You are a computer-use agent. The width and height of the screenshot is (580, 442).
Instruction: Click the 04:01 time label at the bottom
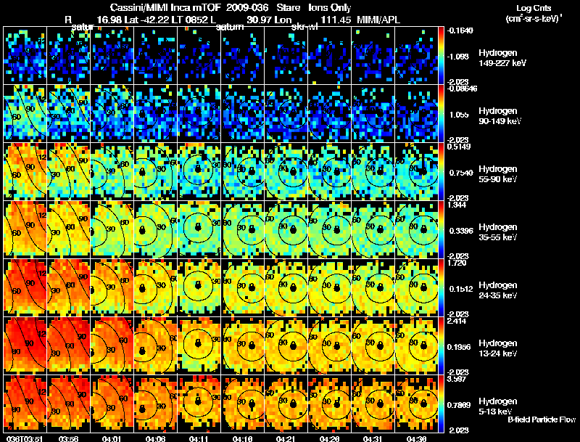click(x=113, y=438)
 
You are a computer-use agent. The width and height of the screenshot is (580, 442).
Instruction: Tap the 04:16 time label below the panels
click(x=243, y=438)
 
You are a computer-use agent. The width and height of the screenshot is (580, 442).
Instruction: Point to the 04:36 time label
click(x=417, y=438)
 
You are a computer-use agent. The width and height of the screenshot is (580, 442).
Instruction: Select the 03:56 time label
click(x=69, y=438)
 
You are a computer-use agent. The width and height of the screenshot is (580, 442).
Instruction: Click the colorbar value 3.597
click(x=457, y=379)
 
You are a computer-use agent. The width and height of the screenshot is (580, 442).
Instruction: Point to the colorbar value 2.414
click(x=457, y=321)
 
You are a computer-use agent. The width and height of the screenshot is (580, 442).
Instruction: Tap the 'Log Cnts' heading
click(x=528, y=8)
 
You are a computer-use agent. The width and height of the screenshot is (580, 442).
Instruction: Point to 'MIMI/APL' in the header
click(x=378, y=20)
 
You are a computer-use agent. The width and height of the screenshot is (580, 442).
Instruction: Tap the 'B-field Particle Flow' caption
click(x=542, y=420)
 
